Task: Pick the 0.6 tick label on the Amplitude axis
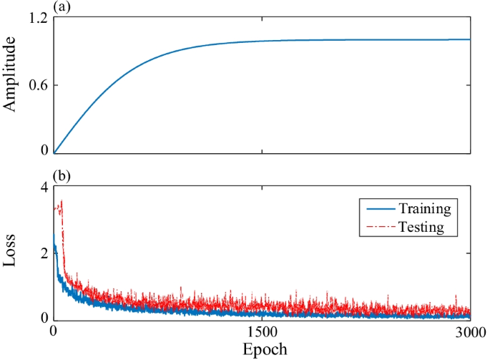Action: point(37,86)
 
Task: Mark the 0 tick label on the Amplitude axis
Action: point(44,151)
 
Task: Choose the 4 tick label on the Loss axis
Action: point(44,188)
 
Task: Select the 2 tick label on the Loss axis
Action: point(44,253)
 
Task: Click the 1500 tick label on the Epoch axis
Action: point(262,332)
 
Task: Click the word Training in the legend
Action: point(424,209)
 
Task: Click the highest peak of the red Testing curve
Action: point(62,201)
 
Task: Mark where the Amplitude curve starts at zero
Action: point(54,152)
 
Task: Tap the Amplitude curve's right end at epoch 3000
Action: point(470,39)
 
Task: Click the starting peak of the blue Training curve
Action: point(54,233)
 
